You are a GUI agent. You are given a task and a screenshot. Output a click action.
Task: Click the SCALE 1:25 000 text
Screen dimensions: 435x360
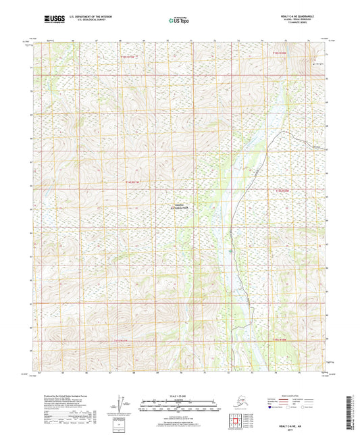(x=180, y=395)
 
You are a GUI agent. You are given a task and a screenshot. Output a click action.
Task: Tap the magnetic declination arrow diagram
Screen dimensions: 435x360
(x=123, y=405)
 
